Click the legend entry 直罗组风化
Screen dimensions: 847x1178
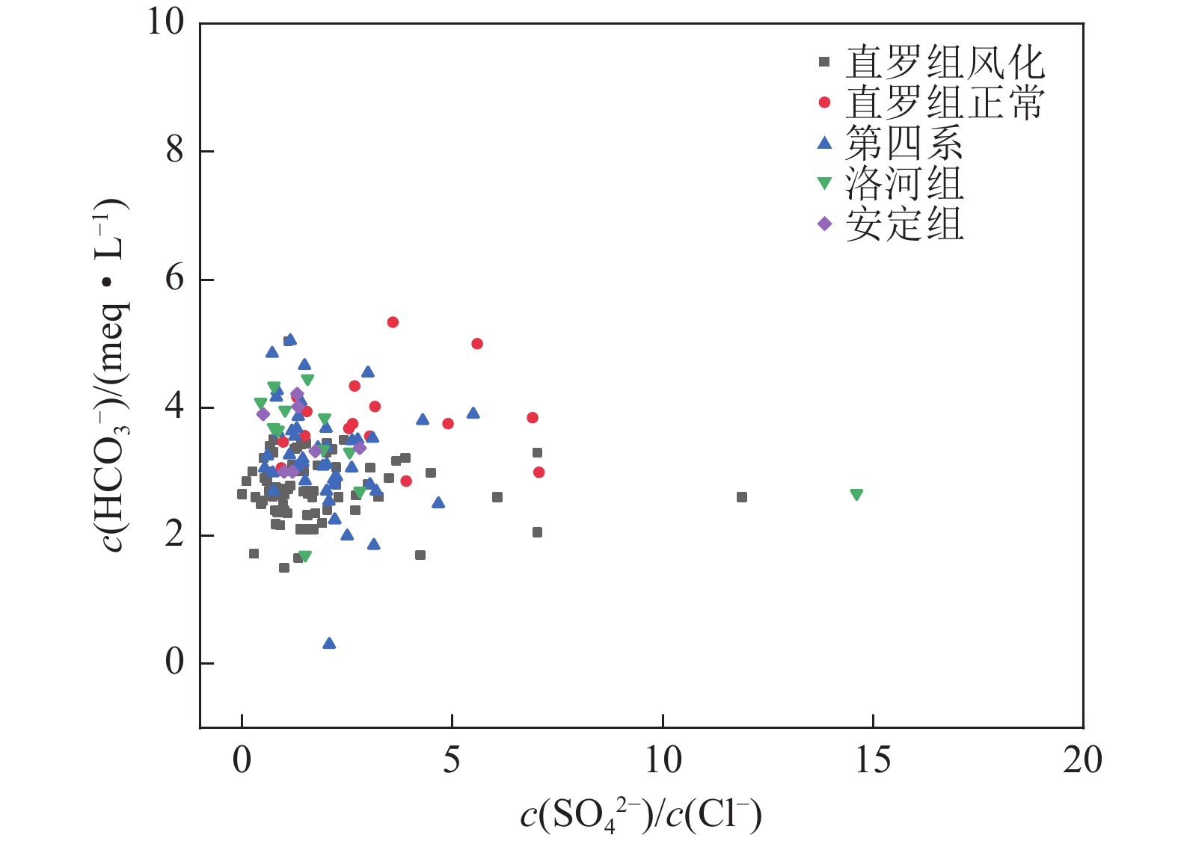944,62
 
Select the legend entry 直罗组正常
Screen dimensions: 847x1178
944,102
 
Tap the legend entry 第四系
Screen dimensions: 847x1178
904,143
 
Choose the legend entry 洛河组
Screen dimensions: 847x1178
904,183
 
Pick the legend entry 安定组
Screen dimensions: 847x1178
904,224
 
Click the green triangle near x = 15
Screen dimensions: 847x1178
856,494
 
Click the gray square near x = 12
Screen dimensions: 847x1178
742,497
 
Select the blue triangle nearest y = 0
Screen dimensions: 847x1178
329,644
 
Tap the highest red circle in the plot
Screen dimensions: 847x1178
393,322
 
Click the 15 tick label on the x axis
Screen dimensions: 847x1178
873,761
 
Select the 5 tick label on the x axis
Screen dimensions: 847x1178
452,761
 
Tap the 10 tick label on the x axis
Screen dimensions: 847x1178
663,761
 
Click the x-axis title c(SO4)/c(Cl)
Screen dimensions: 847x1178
641,816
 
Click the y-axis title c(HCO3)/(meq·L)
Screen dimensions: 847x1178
112,375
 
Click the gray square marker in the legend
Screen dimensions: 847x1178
824,62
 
